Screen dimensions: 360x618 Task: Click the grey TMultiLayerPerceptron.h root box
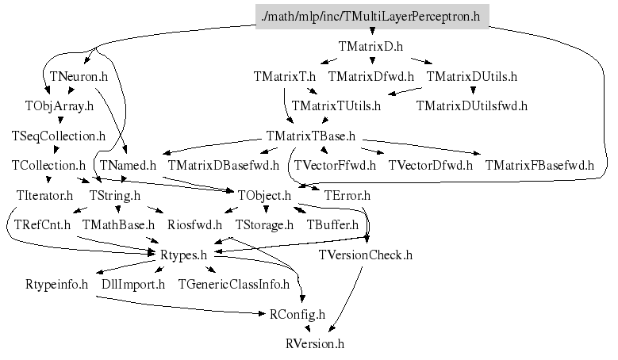coord(372,17)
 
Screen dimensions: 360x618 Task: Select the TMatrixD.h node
coord(371,47)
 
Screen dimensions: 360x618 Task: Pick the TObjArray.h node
coord(59,106)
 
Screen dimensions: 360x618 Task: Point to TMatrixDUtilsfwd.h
coord(471,105)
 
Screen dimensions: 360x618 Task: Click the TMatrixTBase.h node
coord(310,136)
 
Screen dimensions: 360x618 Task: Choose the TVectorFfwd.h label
coord(335,166)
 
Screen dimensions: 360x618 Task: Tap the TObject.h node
coord(264,195)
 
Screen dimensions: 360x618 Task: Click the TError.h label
coord(346,195)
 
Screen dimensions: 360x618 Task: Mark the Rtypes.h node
coord(182,255)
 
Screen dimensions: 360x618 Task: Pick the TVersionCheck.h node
coord(366,255)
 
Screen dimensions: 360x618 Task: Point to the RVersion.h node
coord(315,344)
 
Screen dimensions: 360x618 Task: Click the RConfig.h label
coord(297,315)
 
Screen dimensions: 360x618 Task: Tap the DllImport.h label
coord(133,284)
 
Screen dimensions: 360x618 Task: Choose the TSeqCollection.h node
coord(59,136)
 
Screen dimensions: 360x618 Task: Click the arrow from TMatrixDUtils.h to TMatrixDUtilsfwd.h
coord(472,91)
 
